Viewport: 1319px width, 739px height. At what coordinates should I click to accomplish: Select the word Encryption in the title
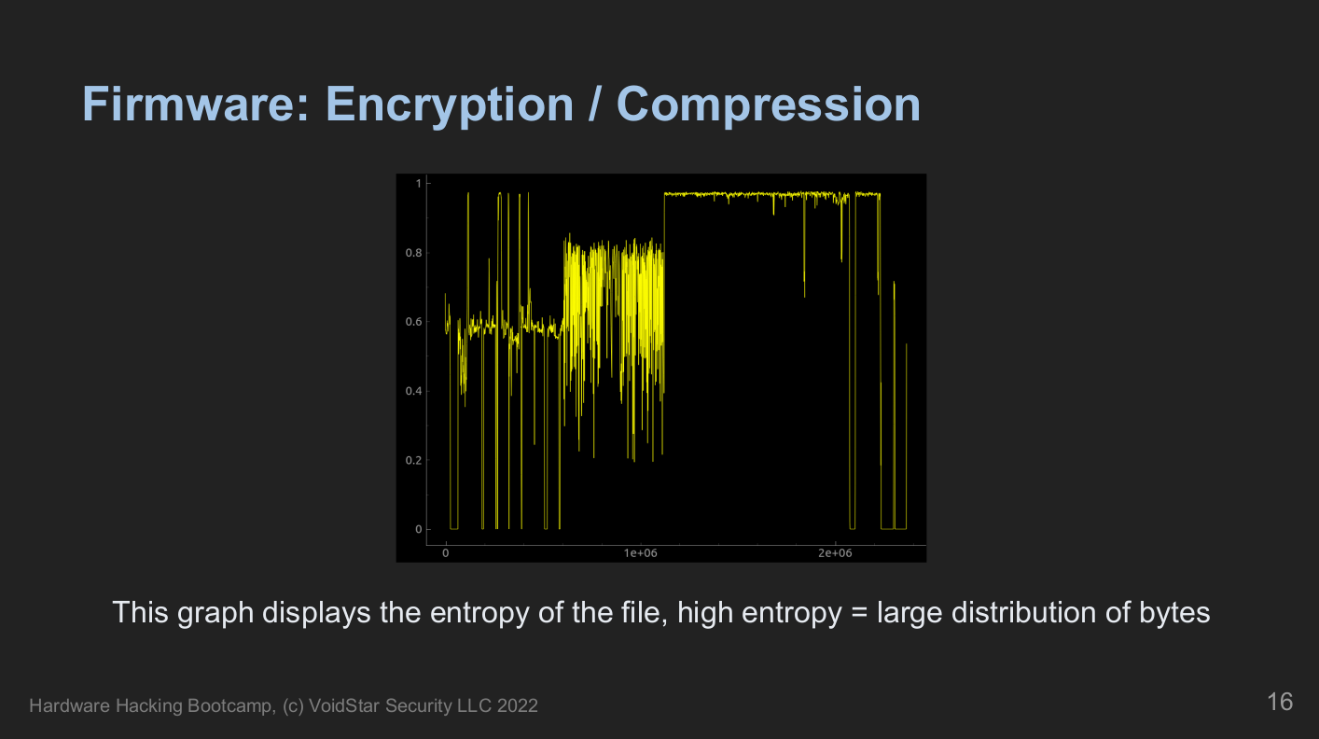tap(450, 107)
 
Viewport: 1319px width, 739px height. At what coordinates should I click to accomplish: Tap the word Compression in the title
tap(769, 107)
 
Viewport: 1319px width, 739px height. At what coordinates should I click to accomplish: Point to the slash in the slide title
tap(595, 105)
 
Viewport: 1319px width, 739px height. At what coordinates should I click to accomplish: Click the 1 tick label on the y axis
tap(419, 184)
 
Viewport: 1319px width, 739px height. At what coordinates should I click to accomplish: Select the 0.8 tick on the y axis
tap(413, 253)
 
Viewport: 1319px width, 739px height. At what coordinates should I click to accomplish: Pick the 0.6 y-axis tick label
tap(413, 322)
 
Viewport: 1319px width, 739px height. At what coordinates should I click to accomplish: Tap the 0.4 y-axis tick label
tap(413, 391)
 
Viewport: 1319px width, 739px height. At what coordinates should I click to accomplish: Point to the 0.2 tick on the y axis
tap(413, 461)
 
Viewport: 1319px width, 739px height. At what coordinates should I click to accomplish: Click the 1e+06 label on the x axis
tap(641, 553)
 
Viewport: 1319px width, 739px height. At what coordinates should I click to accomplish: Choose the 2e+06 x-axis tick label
tap(835, 553)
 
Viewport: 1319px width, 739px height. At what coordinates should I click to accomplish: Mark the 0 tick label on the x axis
tap(446, 553)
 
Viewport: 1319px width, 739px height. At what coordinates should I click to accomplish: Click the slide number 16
tap(1280, 702)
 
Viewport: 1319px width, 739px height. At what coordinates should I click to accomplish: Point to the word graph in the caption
tap(215, 614)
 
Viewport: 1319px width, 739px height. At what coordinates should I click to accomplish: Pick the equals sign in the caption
tap(859, 614)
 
